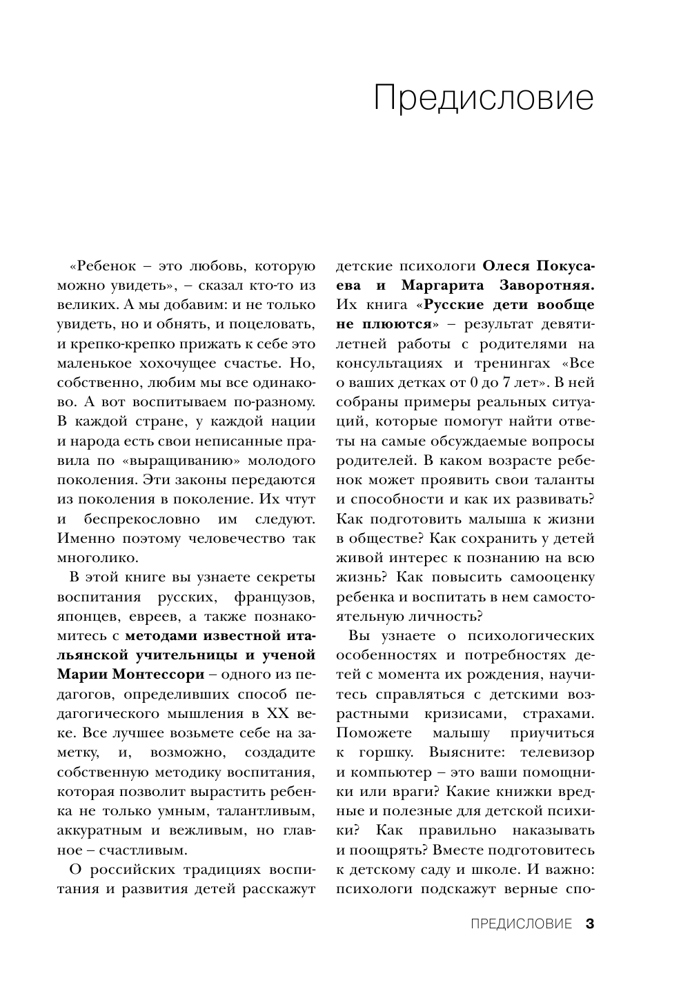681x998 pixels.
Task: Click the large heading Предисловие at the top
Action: [483, 99]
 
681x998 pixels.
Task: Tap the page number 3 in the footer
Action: [590, 924]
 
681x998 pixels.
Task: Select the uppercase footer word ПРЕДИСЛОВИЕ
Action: [521, 924]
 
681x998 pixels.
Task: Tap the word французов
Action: [275, 597]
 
